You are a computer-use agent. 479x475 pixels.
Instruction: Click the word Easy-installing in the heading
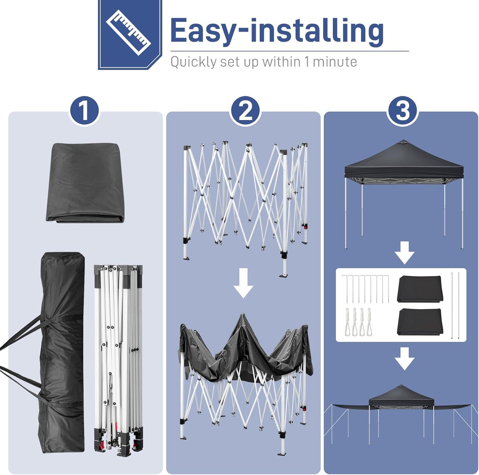click(277, 31)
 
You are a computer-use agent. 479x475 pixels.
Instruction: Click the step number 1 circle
click(84, 110)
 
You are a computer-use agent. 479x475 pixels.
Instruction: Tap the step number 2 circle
click(245, 110)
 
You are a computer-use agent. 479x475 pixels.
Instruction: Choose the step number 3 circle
click(403, 110)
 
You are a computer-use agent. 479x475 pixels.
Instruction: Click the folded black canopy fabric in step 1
click(85, 183)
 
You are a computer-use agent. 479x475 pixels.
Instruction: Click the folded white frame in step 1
click(118, 359)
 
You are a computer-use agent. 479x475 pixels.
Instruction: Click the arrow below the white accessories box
click(405, 359)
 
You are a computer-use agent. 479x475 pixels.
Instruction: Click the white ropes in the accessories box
click(358, 321)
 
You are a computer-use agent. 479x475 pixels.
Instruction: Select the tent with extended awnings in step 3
click(401, 415)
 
